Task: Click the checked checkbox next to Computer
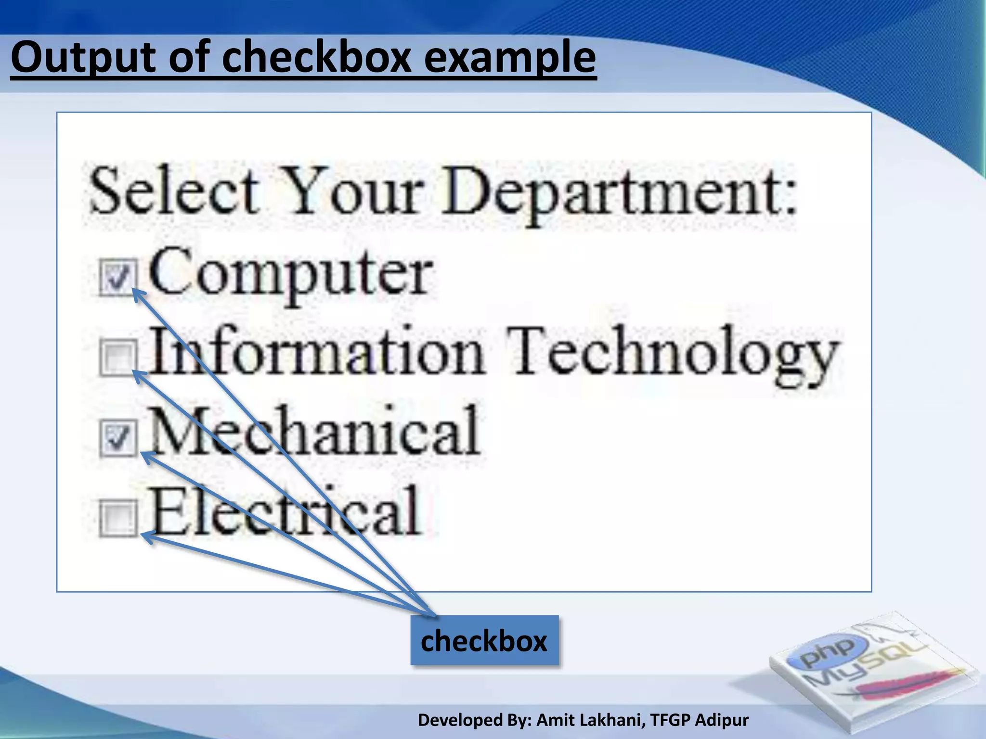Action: (x=117, y=278)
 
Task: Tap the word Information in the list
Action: (x=316, y=351)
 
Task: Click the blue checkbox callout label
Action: (x=484, y=641)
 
